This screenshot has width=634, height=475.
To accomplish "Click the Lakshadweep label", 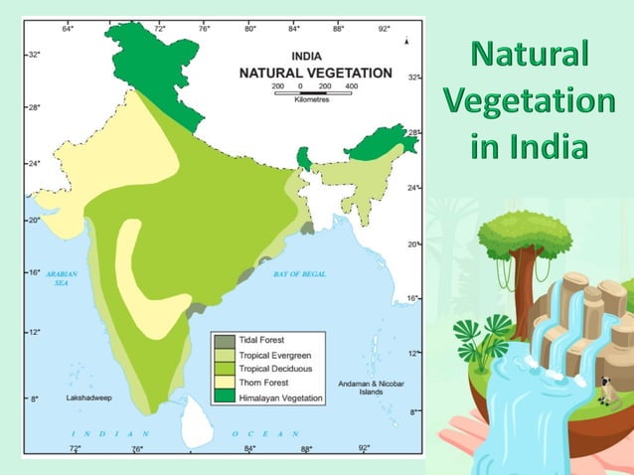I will click(x=86, y=397).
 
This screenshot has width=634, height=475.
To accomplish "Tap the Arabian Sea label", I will click(x=61, y=278).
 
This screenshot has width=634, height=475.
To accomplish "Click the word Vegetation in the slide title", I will click(x=529, y=100).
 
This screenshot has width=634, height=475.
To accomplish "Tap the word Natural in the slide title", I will click(x=529, y=54).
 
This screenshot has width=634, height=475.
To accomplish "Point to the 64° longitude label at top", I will click(x=68, y=29).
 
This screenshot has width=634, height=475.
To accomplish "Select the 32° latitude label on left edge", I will click(x=33, y=54).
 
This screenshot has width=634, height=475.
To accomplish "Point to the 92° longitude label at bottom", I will click(x=364, y=448).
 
